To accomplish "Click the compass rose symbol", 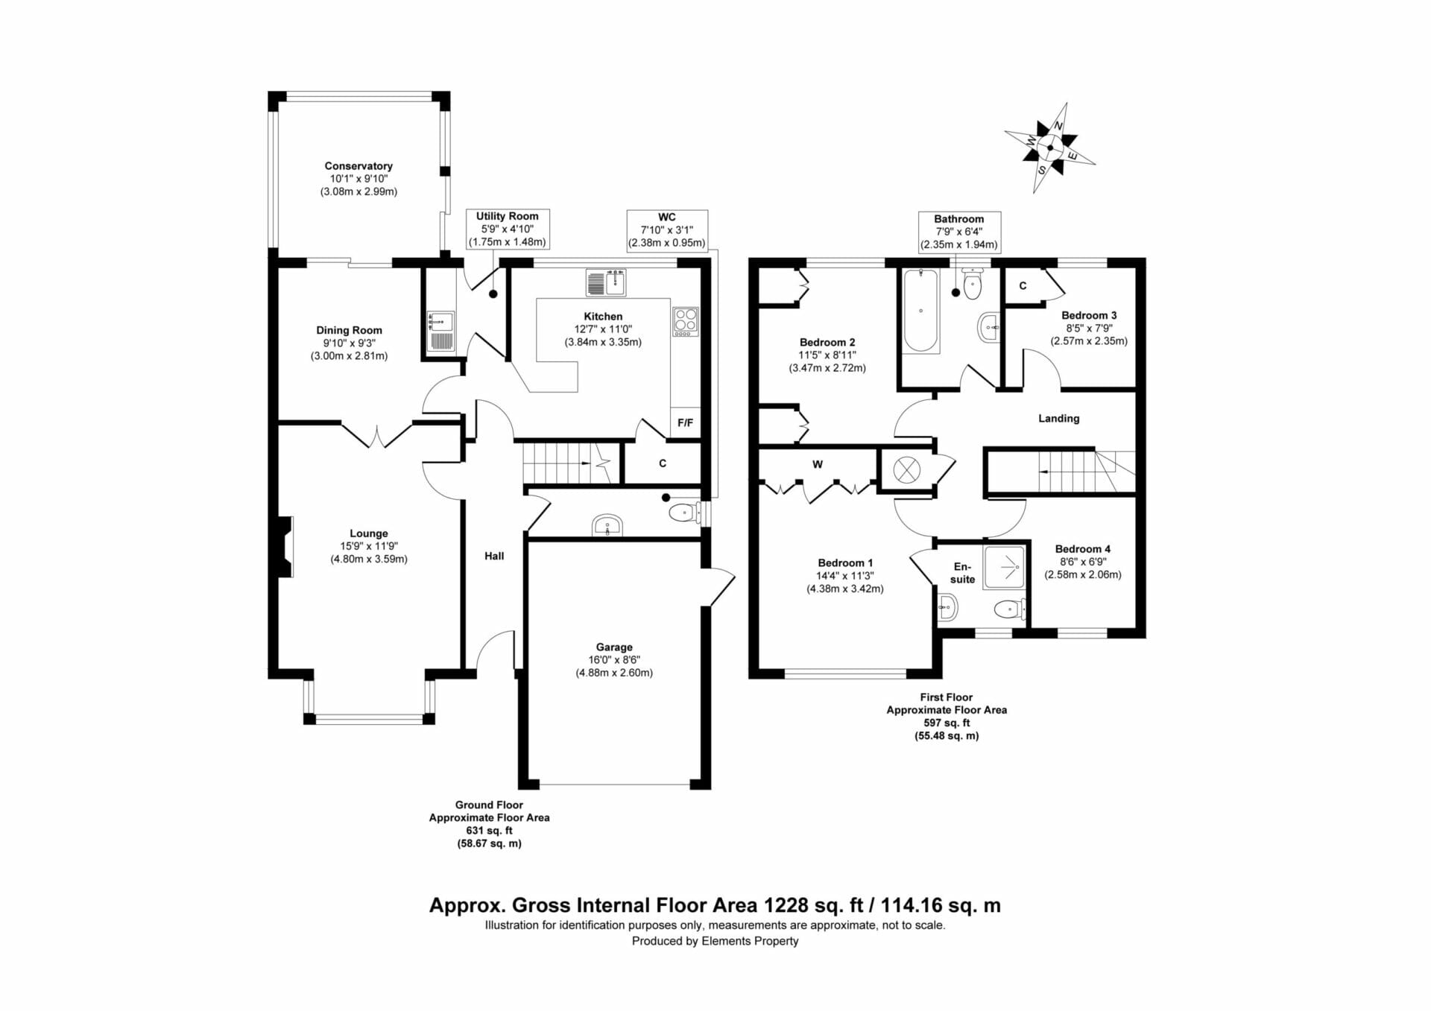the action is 1049,148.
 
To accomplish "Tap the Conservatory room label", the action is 358,166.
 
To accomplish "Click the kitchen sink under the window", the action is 606,283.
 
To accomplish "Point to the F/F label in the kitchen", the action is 685,422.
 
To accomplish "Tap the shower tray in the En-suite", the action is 1004,567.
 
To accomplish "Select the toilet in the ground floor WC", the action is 683,513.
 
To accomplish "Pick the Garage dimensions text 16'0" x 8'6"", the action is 614,660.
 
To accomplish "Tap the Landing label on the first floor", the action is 1058,419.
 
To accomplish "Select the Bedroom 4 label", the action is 1082,549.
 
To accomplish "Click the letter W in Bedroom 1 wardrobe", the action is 818,464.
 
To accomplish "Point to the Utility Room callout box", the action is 508,229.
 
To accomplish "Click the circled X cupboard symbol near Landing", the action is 906,470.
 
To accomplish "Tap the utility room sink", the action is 441,332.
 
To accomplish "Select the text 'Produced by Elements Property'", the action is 715,941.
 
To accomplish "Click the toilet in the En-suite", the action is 1009,610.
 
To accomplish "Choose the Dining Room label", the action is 349,330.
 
